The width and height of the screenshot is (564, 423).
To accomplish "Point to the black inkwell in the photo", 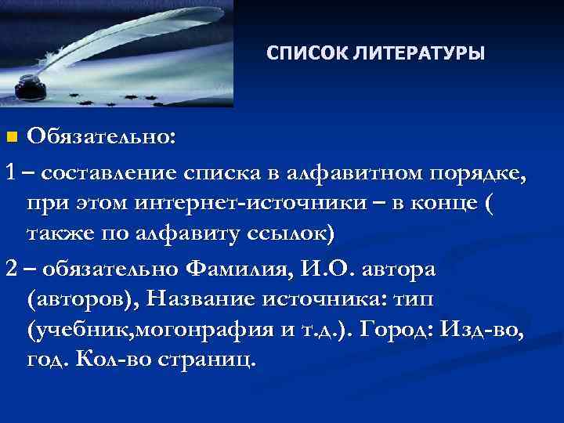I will click(x=31, y=84).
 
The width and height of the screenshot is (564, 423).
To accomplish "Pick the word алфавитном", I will click(x=344, y=171).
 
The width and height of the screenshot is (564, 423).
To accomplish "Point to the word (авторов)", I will click(x=85, y=302).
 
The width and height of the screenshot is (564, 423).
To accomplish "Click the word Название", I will click(x=208, y=302).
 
